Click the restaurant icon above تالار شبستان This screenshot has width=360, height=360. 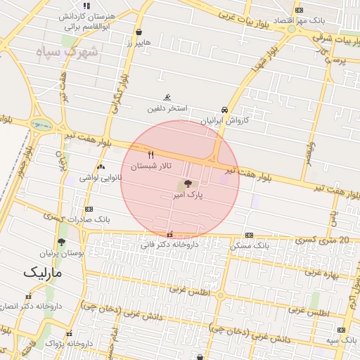(x=150, y=154)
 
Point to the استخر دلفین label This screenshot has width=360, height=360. (x=167, y=108)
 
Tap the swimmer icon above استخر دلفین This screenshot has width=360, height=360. (x=167, y=97)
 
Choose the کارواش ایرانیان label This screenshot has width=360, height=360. (x=225, y=121)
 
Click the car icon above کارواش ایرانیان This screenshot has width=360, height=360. (x=224, y=110)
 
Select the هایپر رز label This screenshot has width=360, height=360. (x=139, y=44)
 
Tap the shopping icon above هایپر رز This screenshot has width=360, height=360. (x=139, y=32)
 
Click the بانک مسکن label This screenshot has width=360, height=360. (x=250, y=246)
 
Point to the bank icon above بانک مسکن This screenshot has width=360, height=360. (x=249, y=235)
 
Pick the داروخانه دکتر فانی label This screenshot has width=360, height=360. (x=169, y=245)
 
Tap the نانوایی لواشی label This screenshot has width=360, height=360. (x=101, y=178)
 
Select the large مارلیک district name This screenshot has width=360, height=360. (x=42, y=272)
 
